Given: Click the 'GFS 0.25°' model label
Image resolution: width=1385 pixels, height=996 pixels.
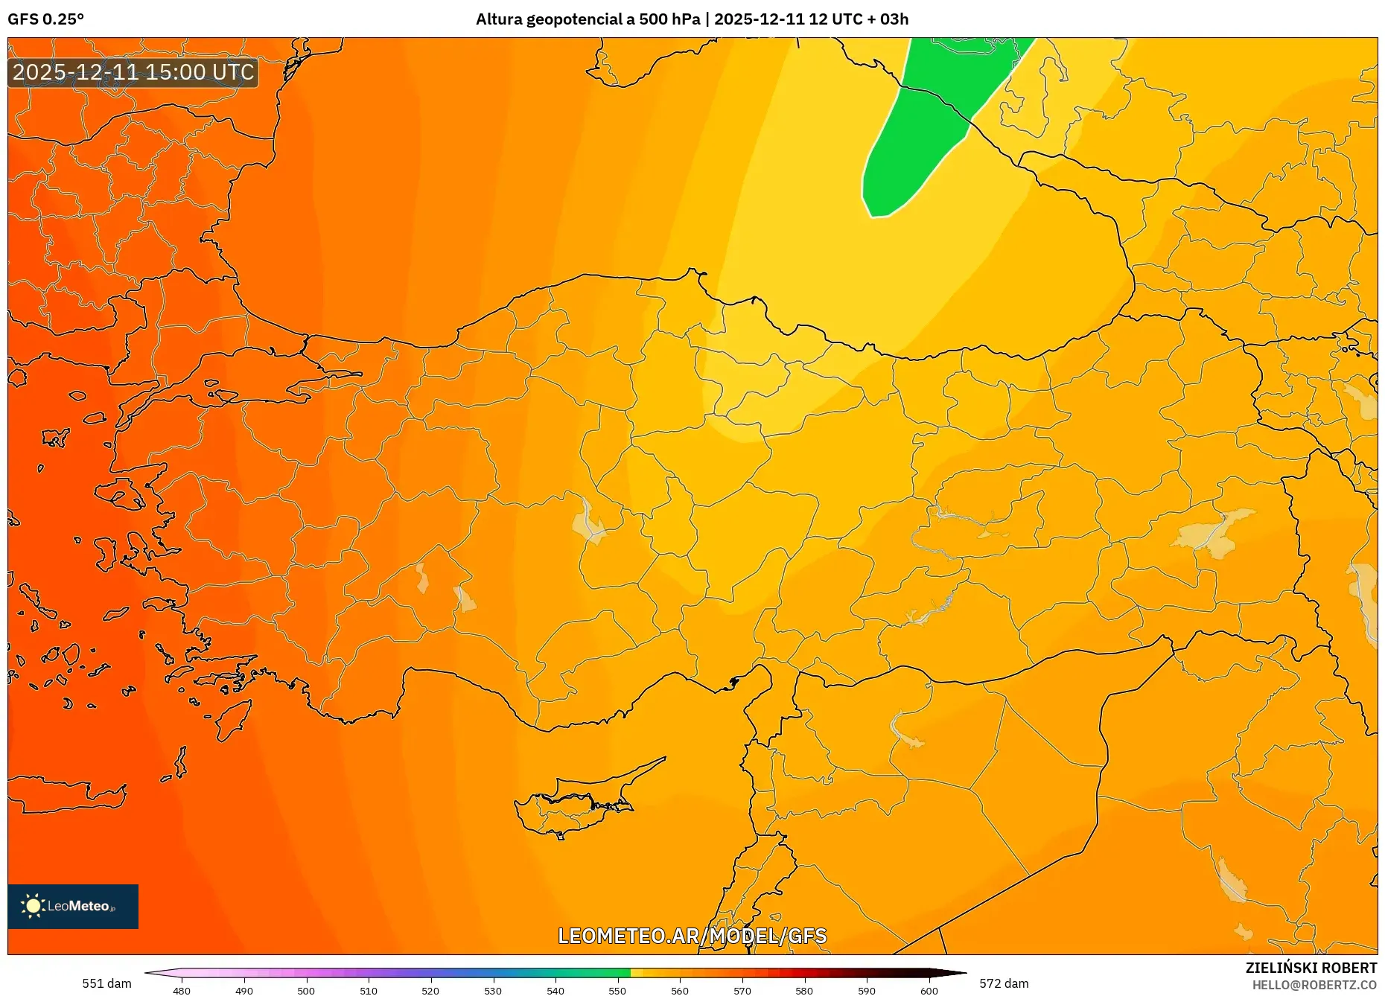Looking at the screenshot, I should pos(45,19).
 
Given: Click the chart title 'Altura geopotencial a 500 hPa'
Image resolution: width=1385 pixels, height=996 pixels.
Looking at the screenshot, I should pos(588,19).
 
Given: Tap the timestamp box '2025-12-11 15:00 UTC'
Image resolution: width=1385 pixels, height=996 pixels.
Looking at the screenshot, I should pos(133,72).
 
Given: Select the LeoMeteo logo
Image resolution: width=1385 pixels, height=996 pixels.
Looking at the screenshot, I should pos(73,906).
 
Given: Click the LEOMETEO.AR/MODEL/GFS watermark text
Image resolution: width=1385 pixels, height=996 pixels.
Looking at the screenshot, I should pos(692,936).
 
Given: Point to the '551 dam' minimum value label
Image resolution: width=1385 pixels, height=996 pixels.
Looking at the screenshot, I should pos(106,983).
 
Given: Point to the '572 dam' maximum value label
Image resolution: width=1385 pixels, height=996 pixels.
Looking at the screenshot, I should pos(1004,983).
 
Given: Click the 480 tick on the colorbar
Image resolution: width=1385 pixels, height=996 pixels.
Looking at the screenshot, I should pos(182,990).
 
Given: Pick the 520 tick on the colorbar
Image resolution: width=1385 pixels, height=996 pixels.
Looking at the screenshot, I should pos(430,990).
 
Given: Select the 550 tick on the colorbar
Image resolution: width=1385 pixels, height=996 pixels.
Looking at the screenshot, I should pos(617,990).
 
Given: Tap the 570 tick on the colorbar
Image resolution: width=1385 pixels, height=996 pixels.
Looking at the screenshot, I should pos(742,990).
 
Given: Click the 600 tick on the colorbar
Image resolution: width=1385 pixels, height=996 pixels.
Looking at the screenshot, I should pos(929,990).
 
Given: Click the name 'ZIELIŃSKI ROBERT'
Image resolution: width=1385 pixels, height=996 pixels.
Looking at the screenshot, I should pos(1311,968).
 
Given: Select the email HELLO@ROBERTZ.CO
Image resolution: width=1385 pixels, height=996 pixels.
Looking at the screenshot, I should pos(1314,985).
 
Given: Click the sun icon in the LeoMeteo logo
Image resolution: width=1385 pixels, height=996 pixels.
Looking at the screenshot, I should pos(33,906).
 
